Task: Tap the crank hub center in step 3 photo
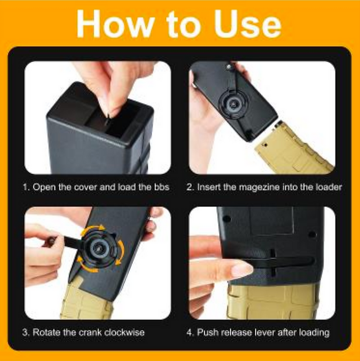coord(100,248)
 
